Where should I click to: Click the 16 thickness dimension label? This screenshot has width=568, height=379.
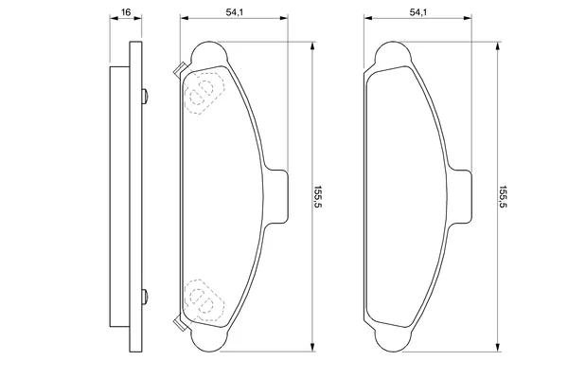coord(126,12)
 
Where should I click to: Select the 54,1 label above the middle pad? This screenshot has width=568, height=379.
coord(235,12)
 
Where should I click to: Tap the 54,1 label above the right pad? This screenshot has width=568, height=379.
coord(418,12)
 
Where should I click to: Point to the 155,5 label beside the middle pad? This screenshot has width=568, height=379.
coord(318,196)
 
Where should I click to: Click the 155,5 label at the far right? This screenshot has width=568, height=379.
coord(504,196)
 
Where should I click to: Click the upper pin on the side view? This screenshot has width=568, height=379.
coord(145,96)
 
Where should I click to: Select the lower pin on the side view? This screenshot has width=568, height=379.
coord(145,297)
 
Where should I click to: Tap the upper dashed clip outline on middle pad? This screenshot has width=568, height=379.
coord(204,93)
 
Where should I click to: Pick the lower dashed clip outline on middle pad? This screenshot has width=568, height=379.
coord(204,300)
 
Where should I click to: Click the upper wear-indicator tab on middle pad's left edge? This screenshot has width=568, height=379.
coord(179,69)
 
